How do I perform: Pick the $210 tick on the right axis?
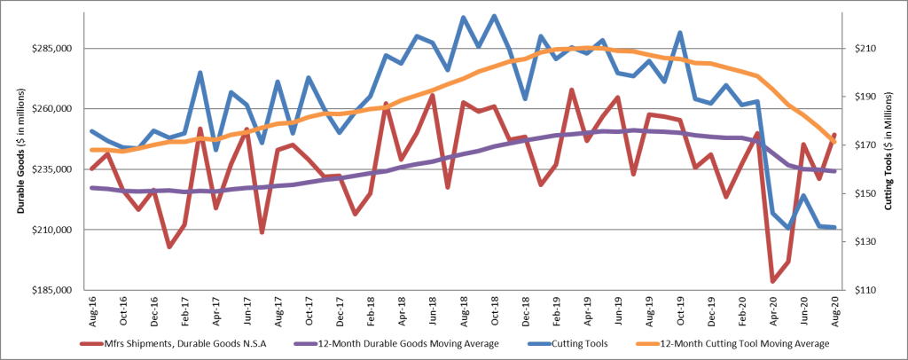click(859, 48)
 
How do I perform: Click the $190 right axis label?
click(859, 97)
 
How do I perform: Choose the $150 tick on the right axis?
click(859, 193)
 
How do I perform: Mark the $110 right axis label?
click(859, 290)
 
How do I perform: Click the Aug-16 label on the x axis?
click(92, 312)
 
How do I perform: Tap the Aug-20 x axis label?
click(835, 312)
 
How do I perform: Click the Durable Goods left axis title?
click(18, 169)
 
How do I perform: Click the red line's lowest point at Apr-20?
click(773, 281)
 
